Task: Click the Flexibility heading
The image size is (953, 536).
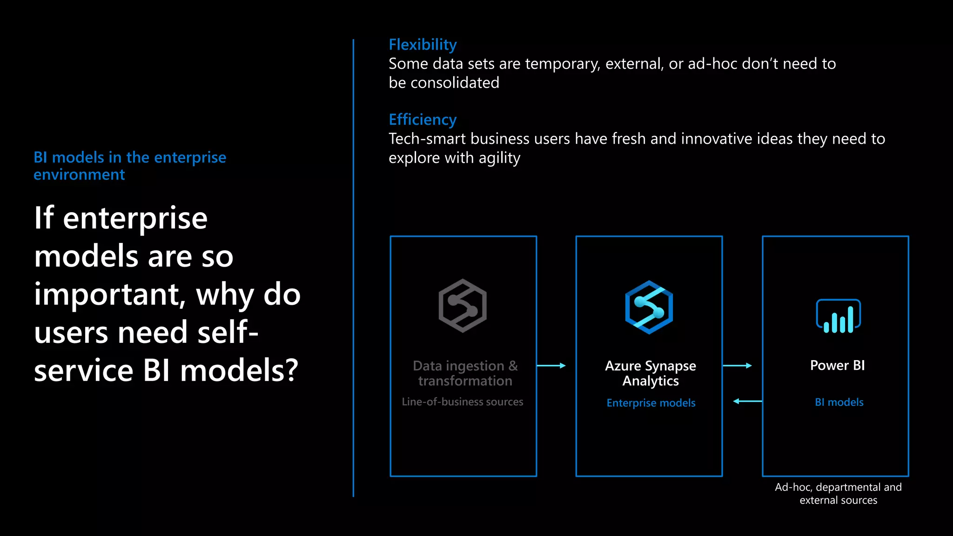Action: [x=423, y=45]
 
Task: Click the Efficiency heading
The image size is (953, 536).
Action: [x=423, y=120]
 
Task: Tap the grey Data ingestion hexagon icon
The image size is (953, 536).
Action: [x=463, y=306]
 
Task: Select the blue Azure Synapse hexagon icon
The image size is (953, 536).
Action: [x=649, y=307]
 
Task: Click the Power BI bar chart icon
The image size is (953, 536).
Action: [x=838, y=316]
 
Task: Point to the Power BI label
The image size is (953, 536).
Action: [x=837, y=365]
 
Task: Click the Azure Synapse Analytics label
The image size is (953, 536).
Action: [x=650, y=373]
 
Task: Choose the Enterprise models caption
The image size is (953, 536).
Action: [x=651, y=403]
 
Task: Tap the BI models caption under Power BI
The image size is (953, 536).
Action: [x=839, y=402]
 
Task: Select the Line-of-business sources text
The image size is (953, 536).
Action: [x=463, y=402]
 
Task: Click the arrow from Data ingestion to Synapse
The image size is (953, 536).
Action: [x=551, y=366]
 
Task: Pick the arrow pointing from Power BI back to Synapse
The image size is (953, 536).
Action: [x=747, y=401]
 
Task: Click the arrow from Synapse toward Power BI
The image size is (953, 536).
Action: [x=738, y=366]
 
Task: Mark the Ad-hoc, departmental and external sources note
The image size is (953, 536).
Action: [x=838, y=494]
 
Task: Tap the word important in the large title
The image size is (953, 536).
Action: [x=107, y=295]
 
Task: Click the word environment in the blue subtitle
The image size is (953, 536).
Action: [x=79, y=174]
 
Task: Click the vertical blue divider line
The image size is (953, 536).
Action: [x=353, y=268]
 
